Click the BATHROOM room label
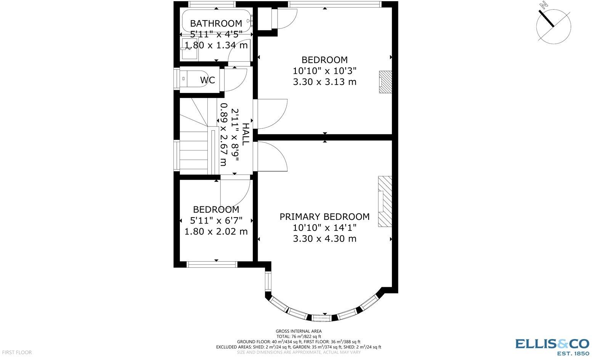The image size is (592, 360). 216,24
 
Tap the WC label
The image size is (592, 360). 207,80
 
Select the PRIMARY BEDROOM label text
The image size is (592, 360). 324,217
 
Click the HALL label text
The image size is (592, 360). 246,133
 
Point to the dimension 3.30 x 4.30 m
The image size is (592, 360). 324,239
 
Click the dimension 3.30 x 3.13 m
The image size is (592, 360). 324,82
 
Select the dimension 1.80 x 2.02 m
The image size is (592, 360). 216,232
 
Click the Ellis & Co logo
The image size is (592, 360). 552,346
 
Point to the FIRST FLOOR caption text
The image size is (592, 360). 16,353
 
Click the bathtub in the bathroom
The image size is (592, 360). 216,21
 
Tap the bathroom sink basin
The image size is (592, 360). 189,49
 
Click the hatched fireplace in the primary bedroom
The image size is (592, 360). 385,202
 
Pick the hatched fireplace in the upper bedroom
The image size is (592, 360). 385,82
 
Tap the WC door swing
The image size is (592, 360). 235,79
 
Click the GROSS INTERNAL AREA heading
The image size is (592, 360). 298,331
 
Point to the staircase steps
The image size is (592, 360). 194,150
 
